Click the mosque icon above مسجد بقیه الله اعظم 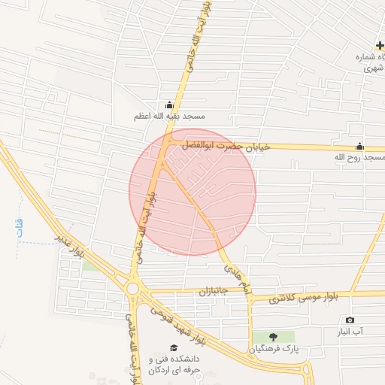pos(168,105)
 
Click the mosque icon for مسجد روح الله pos(359,147)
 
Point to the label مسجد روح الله pos(360,158)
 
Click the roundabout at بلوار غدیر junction pos(133,288)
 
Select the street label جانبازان pos(214,290)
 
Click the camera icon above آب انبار pos(350,320)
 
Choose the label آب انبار pos(350,332)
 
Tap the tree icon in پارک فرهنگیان pos(272,337)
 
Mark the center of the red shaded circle pos(192,191)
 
